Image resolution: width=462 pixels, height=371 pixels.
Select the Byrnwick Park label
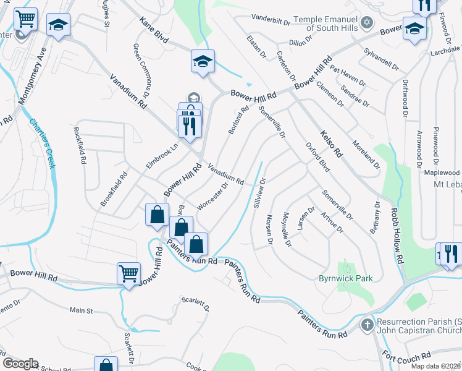point(345,278)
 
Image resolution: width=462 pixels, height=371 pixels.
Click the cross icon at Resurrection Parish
point(367,323)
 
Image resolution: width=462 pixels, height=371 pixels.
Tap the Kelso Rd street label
point(330,141)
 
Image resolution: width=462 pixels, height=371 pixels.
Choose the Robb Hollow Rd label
point(395,232)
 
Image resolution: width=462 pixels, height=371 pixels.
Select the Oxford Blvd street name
point(317,157)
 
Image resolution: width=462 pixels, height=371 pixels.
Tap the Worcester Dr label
point(213,195)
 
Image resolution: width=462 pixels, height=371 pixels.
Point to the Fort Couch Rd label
point(406,357)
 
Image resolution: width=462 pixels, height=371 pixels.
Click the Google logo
point(20,364)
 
